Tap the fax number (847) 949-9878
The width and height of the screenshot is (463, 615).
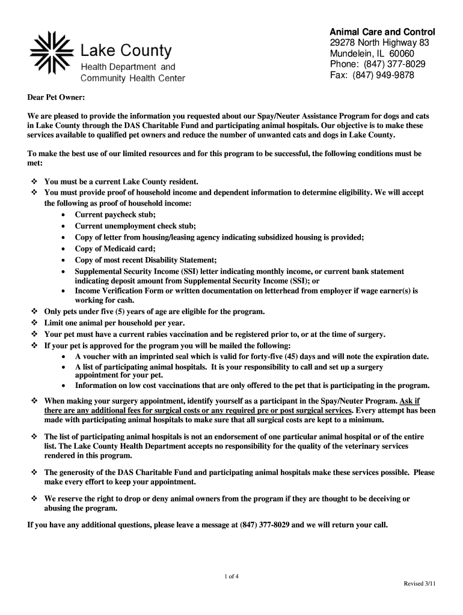click(x=392, y=75)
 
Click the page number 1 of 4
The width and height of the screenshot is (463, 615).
click(x=231, y=577)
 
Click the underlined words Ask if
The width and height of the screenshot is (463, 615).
click(x=409, y=401)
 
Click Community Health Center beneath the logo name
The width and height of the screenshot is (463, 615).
click(x=132, y=78)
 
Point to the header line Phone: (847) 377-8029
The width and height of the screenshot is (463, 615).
click(x=378, y=64)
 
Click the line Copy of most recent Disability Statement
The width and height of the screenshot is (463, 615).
click(x=146, y=260)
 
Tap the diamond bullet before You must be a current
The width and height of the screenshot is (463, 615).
click(x=34, y=181)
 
